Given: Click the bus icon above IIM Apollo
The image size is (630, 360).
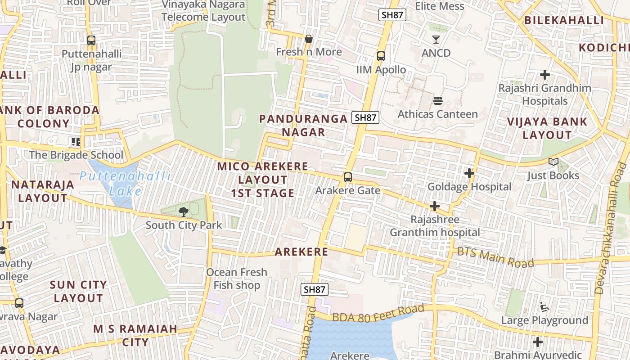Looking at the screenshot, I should (x=381, y=56).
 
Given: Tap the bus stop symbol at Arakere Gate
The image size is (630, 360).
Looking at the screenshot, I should (x=347, y=177).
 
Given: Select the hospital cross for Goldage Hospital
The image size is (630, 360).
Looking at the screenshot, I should (x=469, y=173).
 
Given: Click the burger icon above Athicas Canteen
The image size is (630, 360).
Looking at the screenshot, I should (x=437, y=100).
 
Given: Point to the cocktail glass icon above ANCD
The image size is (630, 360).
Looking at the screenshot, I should (x=436, y=40).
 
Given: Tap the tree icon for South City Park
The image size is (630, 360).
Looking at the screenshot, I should (x=183, y=211).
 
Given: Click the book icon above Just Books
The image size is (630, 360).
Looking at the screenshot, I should (x=553, y=162).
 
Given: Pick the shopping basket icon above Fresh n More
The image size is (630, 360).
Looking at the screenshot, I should (x=309, y=39).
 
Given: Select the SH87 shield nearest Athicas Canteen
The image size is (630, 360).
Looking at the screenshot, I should (x=365, y=118).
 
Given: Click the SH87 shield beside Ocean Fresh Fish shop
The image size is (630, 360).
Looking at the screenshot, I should (x=315, y=289).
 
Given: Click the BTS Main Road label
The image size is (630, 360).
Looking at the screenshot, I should (x=495, y=257).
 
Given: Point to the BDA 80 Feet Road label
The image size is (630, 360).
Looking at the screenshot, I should (x=378, y=313).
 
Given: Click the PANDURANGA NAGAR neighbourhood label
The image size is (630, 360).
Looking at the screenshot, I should (x=303, y=126).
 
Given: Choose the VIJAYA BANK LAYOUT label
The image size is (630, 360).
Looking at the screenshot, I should (x=547, y=128).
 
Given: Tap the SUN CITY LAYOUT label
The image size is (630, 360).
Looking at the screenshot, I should (x=78, y=292).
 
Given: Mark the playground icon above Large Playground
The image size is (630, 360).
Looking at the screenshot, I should (x=544, y=307).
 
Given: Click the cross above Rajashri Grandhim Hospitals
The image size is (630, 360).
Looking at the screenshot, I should (x=545, y=74).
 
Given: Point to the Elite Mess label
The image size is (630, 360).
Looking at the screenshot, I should (x=439, y=6).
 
